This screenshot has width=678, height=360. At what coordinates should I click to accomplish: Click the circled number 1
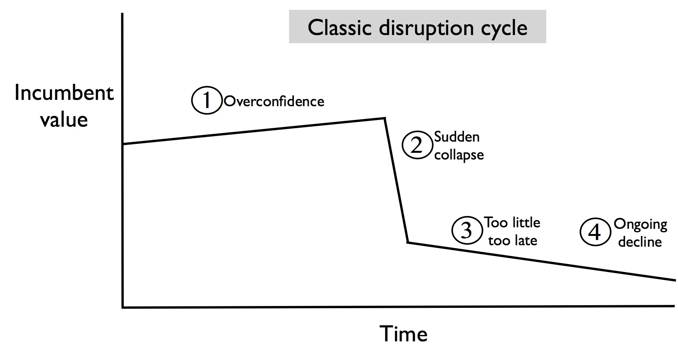207,100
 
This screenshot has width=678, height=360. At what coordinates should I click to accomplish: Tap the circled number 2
417,145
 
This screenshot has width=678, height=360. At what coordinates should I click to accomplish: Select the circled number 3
467,230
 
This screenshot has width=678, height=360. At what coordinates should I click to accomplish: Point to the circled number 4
595,232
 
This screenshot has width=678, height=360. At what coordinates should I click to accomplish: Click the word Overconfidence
274,101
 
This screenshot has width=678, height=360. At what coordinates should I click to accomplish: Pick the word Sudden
457,137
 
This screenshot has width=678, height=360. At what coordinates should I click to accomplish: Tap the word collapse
459,155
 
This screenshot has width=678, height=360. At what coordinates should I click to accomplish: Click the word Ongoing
640,224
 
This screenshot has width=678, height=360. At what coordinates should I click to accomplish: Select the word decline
640,242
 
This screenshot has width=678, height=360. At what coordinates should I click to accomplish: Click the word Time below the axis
404,334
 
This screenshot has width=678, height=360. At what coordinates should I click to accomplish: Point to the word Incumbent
64,93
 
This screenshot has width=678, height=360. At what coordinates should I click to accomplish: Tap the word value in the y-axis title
64,120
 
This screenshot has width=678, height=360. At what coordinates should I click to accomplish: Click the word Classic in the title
340,27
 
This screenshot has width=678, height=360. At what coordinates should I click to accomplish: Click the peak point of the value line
384,118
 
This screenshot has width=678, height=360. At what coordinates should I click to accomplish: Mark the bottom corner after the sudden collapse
408,242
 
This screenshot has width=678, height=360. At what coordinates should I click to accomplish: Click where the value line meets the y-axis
123,144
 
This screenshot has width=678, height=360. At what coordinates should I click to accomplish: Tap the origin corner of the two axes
123,307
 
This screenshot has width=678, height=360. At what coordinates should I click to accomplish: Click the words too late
513,241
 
